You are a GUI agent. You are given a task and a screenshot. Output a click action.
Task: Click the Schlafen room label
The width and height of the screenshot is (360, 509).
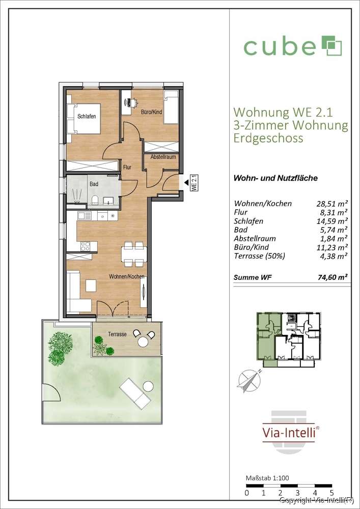coord(87,117)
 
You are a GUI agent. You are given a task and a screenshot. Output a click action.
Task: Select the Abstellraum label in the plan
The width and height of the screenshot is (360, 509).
coord(163,157)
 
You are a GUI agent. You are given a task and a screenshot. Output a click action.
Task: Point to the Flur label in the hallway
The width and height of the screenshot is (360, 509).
coord(127,167)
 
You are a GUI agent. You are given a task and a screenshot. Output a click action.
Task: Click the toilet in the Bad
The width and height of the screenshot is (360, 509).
coord(95,200)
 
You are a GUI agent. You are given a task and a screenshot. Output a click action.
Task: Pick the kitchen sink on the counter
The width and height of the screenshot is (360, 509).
coord(85,215)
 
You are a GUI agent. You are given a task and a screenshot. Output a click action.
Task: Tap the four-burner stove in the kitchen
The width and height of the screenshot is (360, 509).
coord(85,246)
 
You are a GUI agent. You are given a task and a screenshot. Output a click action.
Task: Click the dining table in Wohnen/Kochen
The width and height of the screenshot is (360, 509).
coord(134,254)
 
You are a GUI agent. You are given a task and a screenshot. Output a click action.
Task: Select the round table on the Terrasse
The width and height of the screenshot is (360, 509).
coord(143,342)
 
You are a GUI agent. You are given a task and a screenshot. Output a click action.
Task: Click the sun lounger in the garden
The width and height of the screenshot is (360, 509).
coord(134,394)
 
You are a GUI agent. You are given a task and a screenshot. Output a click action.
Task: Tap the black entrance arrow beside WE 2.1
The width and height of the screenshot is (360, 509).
coord(186,183)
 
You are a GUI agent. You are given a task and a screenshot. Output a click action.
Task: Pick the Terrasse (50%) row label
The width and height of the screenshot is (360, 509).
coord(259,256)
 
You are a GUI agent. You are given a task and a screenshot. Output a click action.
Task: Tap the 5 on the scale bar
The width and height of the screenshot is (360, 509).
coord(331,493)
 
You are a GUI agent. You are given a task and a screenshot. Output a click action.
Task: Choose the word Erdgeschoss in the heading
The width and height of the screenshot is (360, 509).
coord(268,138)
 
